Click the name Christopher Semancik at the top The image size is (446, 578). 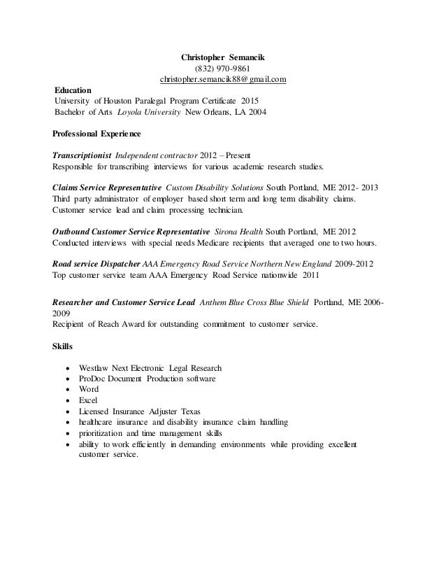223,56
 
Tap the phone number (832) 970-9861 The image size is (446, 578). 223,68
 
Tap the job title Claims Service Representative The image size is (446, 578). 107,189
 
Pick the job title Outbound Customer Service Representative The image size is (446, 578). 131,232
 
